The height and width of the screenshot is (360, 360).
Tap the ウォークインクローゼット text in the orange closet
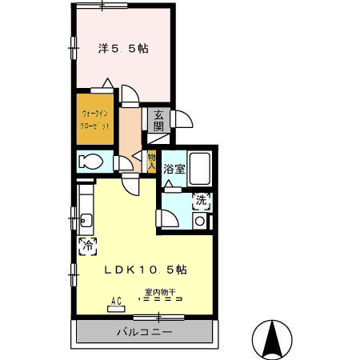(x=94, y=120)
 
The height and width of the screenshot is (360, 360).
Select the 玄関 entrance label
(x=158, y=120)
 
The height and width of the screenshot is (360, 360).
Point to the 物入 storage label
(x=151, y=161)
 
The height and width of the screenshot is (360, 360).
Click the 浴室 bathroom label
(x=174, y=169)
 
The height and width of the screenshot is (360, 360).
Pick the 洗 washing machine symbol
(x=202, y=202)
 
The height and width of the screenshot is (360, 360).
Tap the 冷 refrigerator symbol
(x=86, y=246)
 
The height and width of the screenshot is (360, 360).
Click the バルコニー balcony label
(x=145, y=331)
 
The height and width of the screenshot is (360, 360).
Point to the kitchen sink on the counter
(x=86, y=219)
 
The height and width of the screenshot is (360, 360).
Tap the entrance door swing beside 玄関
(x=182, y=120)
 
